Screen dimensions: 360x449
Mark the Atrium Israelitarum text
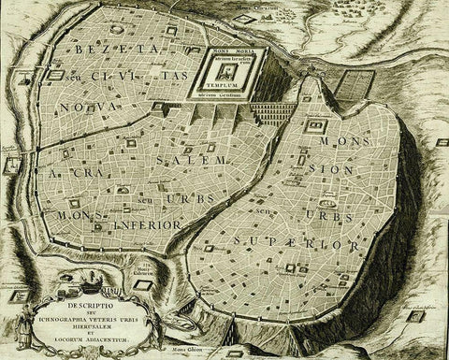[221, 62]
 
